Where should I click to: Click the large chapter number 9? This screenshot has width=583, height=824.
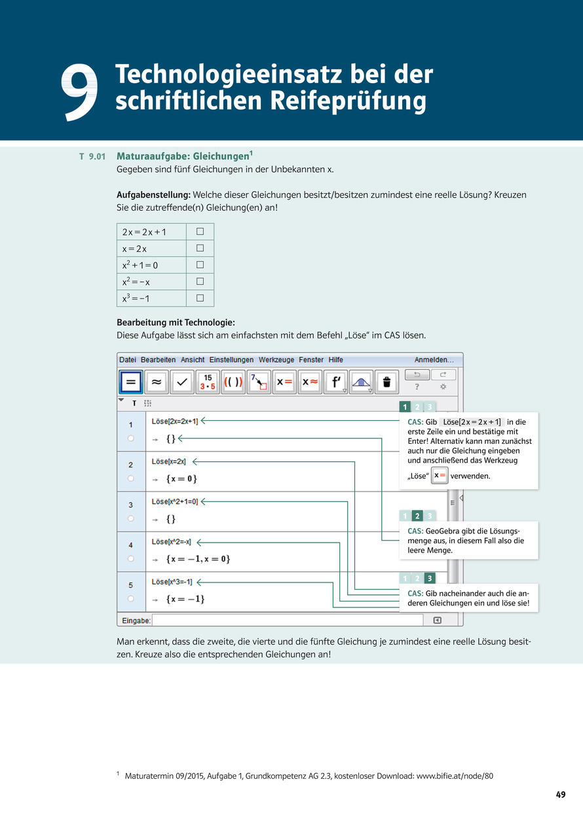(x=79, y=92)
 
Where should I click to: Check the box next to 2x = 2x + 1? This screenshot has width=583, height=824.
(x=200, y=232)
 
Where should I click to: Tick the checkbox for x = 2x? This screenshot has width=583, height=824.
(x=200, y=248)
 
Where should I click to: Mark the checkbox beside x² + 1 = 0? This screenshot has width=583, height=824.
(x=200, y=264)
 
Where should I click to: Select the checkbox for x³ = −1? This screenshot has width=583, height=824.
(x=200, y=298)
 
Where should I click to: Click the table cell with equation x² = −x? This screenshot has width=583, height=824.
(x=151, y=282)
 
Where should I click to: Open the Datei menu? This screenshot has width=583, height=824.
(x=128, y=360)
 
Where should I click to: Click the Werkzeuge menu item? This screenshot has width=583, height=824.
(x=276, y=360)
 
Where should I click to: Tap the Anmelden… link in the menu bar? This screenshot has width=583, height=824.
(x=434, y=360)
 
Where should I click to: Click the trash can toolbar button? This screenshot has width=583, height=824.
(x=386, y=382)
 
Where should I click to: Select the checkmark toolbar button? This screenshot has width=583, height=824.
(x=182, y=382)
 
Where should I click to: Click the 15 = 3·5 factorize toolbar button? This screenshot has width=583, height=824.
(x=208, y=382)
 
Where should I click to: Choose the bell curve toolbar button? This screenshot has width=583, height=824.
(x=361, y=382)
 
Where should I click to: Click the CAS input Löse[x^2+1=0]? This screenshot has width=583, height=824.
(x=174, y=502)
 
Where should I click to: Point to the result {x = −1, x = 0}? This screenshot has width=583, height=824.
(x=198, y=559)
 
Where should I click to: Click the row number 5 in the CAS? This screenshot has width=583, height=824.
(x=130, y=585)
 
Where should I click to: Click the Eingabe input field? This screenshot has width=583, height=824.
(x=288, y=620)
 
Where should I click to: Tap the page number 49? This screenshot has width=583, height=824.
(x=561, y=794)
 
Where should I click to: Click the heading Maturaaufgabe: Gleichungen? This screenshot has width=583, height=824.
(x=183, y=156)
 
